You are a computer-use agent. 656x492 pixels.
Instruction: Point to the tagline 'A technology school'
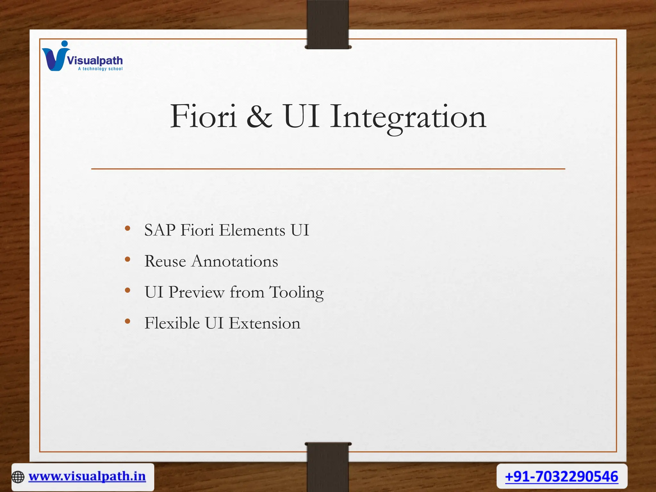point(100,69)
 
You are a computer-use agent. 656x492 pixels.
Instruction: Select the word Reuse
point(165,261)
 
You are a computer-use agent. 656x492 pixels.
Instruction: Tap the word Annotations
point(235,261)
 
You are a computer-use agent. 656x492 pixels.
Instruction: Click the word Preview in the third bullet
point(196,292)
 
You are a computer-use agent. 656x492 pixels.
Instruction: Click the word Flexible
point(172,323)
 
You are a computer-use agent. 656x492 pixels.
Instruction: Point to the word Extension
point(265,323)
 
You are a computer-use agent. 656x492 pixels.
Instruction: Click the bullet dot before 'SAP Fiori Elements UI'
point(127,228)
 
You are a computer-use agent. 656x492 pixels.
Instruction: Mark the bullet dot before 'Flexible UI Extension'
point(127,321)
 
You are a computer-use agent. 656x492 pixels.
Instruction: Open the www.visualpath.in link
point(87,477)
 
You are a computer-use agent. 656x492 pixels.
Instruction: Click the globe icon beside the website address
point(18,477)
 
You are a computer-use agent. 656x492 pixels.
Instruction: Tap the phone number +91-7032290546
point(562,477)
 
